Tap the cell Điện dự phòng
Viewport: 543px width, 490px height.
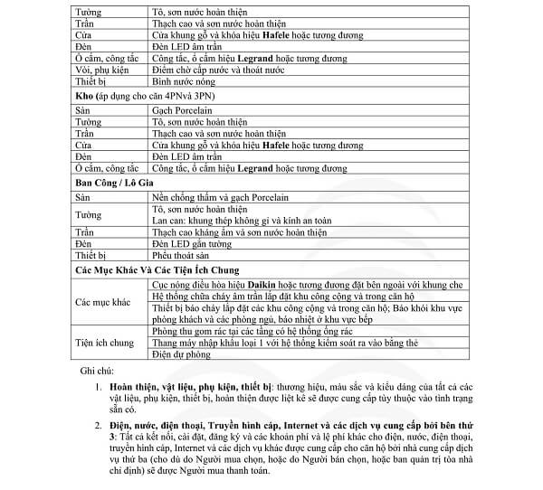184,355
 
